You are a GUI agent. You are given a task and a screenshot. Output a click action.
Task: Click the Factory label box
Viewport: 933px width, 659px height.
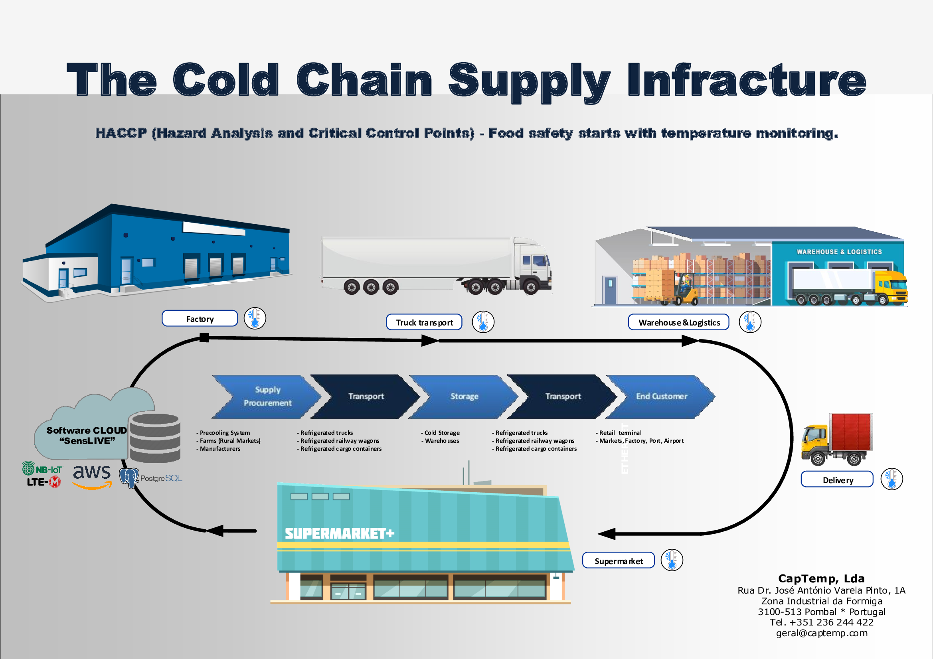[200, 319]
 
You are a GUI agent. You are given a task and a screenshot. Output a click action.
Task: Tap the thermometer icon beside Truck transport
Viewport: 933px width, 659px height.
[483, 322]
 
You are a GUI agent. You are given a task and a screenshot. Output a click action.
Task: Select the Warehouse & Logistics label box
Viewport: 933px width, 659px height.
[678, 322]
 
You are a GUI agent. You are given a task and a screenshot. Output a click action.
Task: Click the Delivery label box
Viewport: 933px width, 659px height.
[837, 479]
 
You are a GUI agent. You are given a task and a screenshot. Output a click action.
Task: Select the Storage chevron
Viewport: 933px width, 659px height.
[464, 396]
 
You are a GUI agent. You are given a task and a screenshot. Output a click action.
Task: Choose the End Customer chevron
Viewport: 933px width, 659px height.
[661, 396]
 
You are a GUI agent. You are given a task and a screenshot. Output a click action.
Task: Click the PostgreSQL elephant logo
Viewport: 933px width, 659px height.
[129, 478]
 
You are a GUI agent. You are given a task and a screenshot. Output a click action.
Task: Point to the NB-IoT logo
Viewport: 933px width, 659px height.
[42, 469]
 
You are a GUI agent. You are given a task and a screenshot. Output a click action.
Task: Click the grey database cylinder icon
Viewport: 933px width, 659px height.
[155, 438]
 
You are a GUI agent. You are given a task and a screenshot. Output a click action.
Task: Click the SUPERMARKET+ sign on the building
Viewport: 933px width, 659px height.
[339, 533]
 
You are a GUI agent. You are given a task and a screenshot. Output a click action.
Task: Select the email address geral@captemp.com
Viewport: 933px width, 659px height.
[821, 633]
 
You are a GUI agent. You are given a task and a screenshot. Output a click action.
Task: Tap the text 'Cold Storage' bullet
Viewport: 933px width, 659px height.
[442, 433]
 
